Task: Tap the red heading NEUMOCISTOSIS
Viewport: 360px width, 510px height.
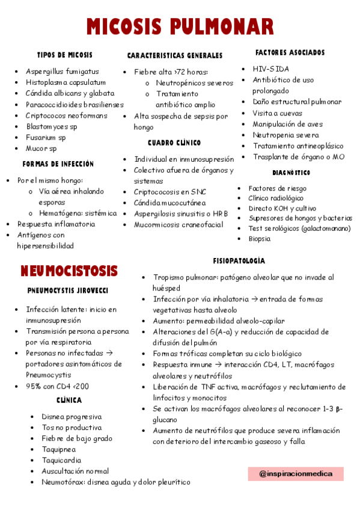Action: point(69,271)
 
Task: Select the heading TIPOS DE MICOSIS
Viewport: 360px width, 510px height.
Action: point(65,55)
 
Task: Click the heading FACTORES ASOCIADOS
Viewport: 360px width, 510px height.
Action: point(290,53)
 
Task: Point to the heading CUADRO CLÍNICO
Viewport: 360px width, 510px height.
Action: point(174,143)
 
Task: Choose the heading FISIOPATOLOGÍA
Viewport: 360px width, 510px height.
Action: point(239,261)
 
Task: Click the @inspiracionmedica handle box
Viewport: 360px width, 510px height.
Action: point(295,474)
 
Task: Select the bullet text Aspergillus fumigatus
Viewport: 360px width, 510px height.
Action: point(62,71)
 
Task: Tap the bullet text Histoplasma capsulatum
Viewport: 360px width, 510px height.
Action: point(66,82)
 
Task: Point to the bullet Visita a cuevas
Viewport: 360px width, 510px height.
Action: point(277,113)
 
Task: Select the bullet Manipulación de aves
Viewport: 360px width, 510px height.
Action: point(287,124)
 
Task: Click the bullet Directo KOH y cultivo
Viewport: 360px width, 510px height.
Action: point(282,208)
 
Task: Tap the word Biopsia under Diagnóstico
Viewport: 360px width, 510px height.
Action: point(260,239)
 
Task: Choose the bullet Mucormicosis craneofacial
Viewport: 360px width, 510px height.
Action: point(178,225)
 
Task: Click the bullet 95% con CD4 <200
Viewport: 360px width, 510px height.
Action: point(57,386)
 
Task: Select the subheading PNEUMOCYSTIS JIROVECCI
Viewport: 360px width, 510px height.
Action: point(68,291)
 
